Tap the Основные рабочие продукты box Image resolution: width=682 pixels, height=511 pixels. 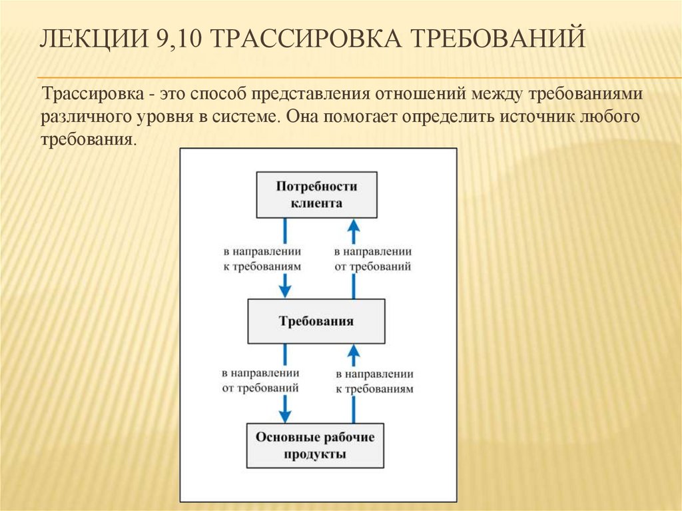[316, 446]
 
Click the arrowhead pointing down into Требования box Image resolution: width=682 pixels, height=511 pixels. [285, 290]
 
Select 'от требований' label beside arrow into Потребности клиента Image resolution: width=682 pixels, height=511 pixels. [372, 266]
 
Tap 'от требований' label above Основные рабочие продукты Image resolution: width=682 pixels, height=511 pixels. [260, 386]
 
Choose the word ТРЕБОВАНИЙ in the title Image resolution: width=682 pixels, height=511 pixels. [497, 39]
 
